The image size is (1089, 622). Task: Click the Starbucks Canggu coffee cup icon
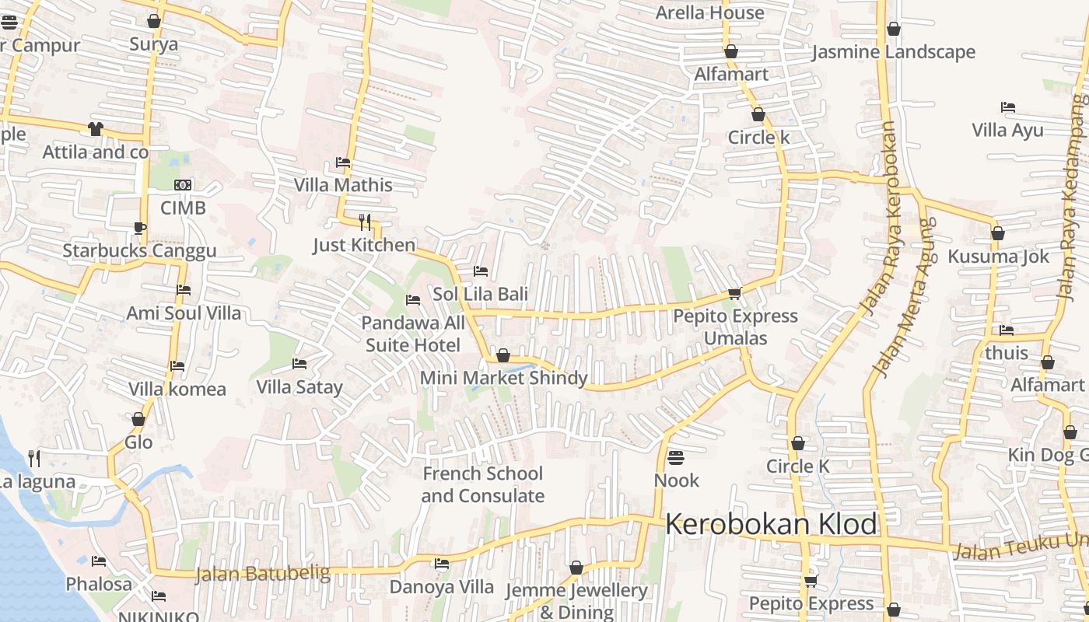click(x=139, y=228)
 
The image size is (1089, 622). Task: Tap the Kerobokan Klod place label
click(x=771, y=525)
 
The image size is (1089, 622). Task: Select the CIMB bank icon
click(x=183, y=185)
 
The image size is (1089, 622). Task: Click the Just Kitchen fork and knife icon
click(x=364, y=222)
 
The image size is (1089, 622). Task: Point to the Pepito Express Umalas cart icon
click(x=734, y=293)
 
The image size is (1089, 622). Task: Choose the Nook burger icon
click(x=675, y=457)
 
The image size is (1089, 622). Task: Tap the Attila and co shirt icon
click(x=96, y=129)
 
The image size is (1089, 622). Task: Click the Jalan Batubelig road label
click(x=262, y=575)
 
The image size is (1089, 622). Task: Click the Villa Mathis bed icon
click(x=342, y=162)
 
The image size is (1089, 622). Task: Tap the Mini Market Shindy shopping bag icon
click(x=503, y=355)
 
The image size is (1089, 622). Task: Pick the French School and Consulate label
click(x=482, y=484)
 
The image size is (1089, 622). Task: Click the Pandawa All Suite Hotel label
click(x=413, y=334)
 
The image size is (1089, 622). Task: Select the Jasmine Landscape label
click(x=893, y=52)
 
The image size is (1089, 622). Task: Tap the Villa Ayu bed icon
click(x=1008, y=107)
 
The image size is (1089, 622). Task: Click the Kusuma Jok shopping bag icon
click(x=997, y=233)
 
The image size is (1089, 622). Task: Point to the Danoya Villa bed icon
click(x=442, y=564)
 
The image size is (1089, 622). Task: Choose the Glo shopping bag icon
click(x=138, y=420)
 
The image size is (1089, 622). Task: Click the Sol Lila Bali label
click(x=480, y=294)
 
